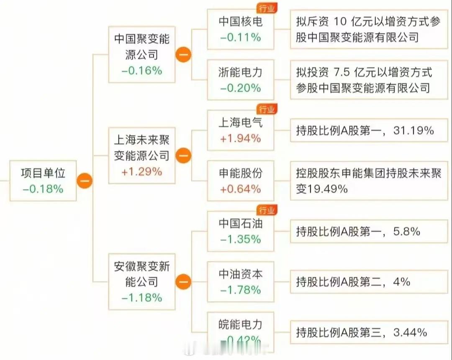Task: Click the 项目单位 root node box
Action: (x=43, y=181)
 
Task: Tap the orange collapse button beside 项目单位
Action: (x=85, y=181)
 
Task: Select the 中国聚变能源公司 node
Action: (x=141, y=54)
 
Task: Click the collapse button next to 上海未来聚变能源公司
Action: (x=183, y=156)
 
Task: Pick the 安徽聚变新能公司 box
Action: (x=141, y=281)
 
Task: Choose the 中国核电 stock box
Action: (x=241, y=29)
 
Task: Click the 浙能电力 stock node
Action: (x=241, y=79)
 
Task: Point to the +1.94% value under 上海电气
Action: (x=241, y=138)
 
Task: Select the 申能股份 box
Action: (x=241, y=181)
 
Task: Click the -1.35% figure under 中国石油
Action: (x=241, y=239)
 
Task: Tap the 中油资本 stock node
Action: (x=241, y=281)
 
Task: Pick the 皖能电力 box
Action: (x=241, y=331)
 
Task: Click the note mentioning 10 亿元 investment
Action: (x=368, y=29)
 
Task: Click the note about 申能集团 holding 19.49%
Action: (x=368, y=181)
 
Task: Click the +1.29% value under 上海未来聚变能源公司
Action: (x=141, y=171)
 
